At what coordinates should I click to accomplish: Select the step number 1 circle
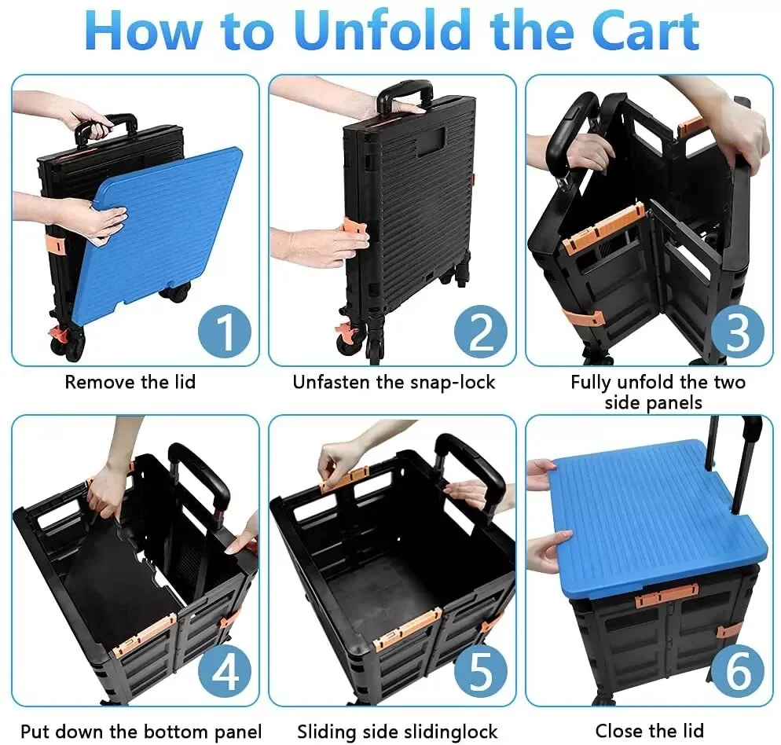225,332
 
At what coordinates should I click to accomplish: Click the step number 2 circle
481,332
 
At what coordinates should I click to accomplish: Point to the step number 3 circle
738,332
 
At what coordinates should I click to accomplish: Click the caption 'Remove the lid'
130,383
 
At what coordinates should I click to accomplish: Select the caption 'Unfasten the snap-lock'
394,383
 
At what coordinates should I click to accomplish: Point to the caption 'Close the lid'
649,731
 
